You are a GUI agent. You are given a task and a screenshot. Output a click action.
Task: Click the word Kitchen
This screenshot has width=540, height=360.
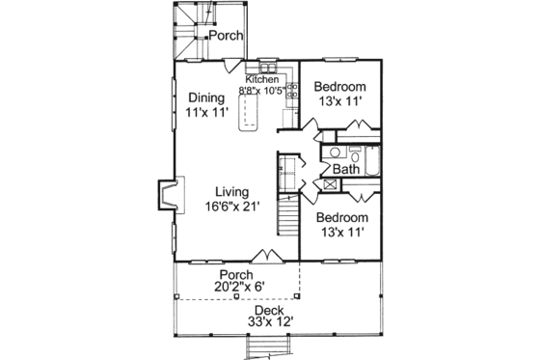pyautogui.click(x=261, y=79)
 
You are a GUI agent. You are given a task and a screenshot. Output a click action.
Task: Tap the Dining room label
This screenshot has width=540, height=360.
pyautogui.click(x=205, y=97)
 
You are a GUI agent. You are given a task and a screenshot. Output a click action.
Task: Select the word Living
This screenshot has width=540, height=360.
pyautogui.click(x=232, y=190)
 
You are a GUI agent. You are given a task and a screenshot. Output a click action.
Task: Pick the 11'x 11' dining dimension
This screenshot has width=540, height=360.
pyautogui.click(x=205, y=112)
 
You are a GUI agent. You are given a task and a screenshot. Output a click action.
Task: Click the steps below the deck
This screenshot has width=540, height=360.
pyautogui.click(x=260, y=348)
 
